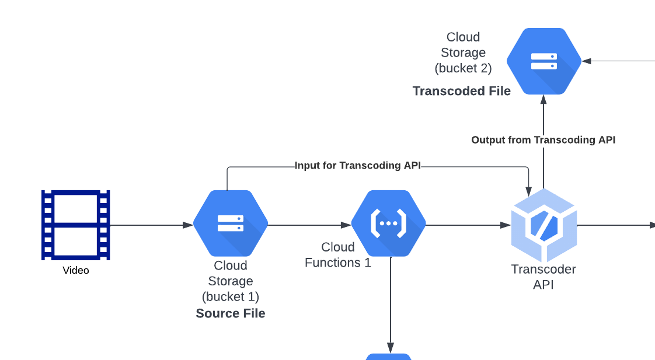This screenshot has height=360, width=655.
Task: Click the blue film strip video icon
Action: pyautogui.click(x=76, y=225)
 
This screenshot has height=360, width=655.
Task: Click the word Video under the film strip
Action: pyautogui.click(x=76, y=271)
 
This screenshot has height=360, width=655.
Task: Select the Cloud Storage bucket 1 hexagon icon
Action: pyautogui.click(x=231, y=223)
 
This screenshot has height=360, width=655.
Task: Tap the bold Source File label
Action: pyautogui.click(x=231, y=313)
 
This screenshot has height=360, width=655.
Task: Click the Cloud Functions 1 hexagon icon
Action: pyautogui.click(x=388, y=223)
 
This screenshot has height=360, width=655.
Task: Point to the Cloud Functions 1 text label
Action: pyautogui.click(x=338, y=255)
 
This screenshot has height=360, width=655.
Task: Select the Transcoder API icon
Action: pyautogui.click(x=543, y=225)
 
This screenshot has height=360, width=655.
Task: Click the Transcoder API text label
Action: pyautogui.click(x=543, y=277)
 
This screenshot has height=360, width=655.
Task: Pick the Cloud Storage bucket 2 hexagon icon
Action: pyautogui.click(x=543, y=61)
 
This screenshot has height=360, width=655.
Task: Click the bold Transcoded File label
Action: pyautogui.click(x=462, y=91)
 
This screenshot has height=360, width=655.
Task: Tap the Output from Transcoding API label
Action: pyautogui.click(x=543, y=140)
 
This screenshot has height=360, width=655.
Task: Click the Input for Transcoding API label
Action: pyautogui.click(x=357, y=166)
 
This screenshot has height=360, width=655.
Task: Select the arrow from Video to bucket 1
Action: pyautogui.click(x=152, y=225)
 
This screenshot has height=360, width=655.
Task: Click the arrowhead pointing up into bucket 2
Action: pyautogui.click(x=543, y=100)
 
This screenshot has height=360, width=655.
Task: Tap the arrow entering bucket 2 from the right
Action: pyautogui.click(x=619, y=61)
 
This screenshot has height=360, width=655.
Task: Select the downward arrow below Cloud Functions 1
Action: pyautogui.click(x=391, y=309)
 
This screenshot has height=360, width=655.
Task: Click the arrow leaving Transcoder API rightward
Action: pyautogui.click(x=616, y=225)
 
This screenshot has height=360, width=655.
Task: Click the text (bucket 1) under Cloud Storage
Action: pyautogui.click(x=231, y=296)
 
